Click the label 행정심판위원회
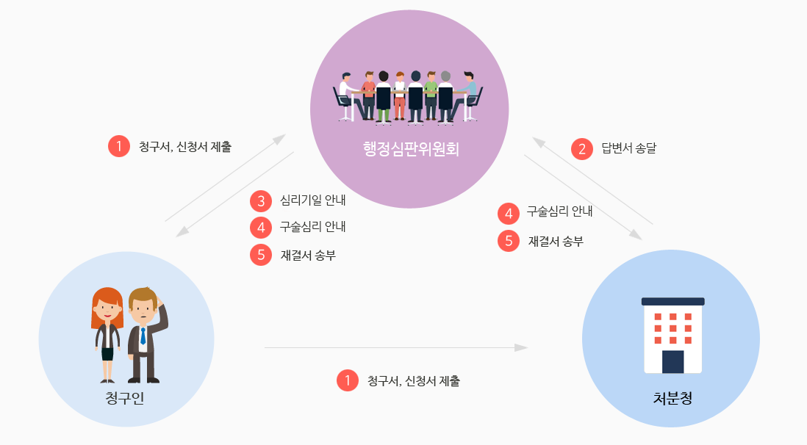pos(410,149)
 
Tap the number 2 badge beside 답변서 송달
pos(582,148)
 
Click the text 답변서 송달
pos(628,148)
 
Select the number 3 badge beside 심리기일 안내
pos(261,200)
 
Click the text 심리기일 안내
pos(312,200)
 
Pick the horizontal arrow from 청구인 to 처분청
pos(395,347)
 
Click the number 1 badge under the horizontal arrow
pos(347,380)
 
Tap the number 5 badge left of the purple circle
pos(261,255)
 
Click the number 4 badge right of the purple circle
pos(509,213)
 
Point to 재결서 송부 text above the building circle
pos(556,241)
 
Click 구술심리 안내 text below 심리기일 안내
pos(312,227)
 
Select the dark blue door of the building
pos(672,361)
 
